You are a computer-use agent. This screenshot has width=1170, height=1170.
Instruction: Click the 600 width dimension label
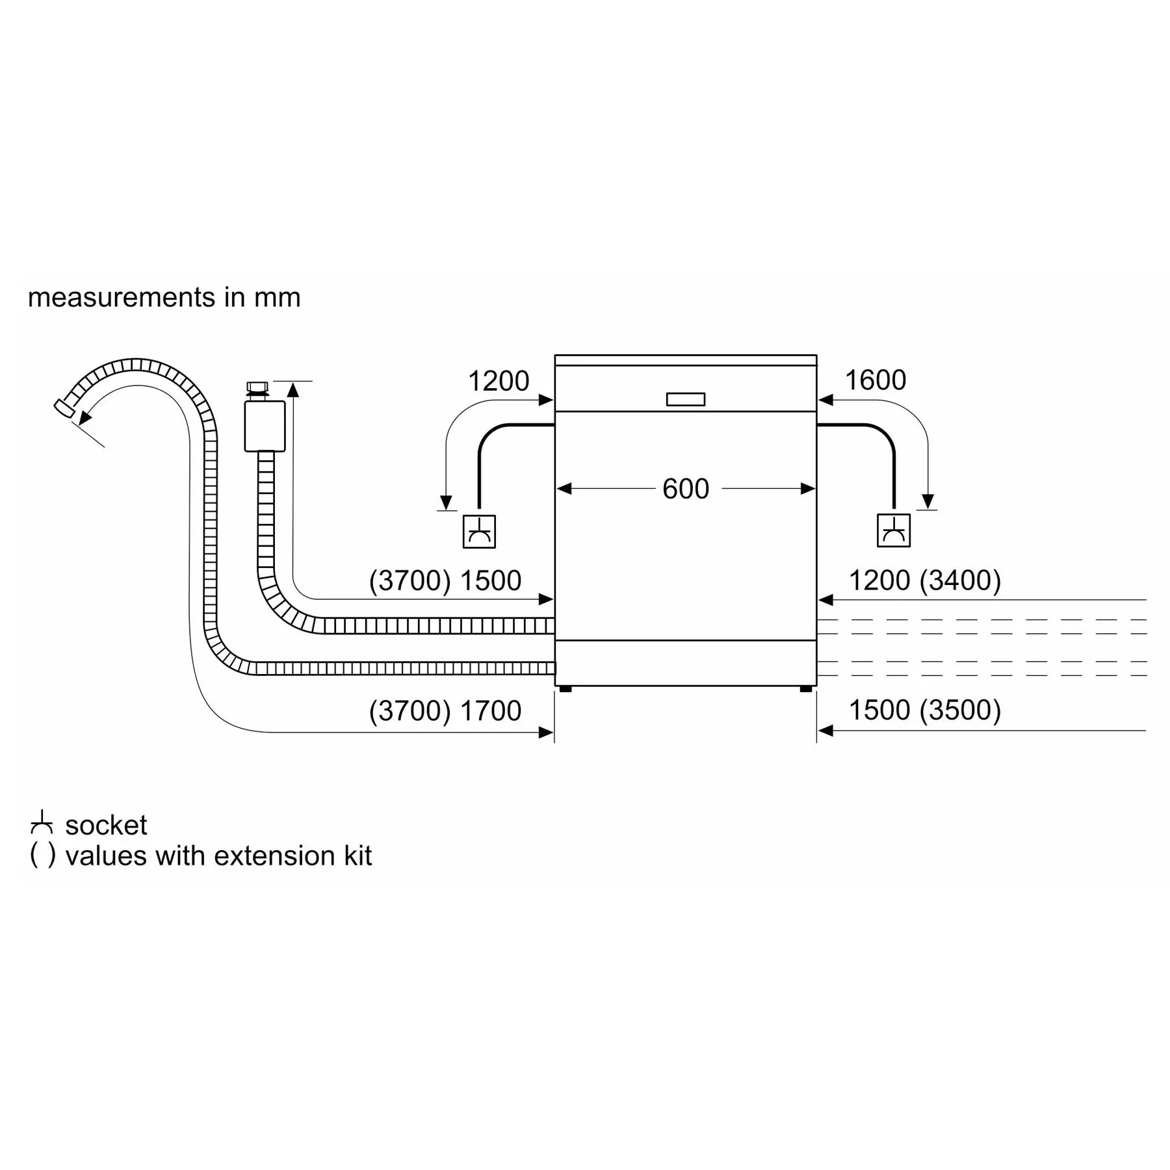coord(685,489)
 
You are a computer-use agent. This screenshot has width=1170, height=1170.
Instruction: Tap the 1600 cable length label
coord(875,380)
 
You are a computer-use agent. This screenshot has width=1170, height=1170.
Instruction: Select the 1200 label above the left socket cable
coord(499,381)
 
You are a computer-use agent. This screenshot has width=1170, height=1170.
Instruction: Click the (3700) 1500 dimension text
coord(445,580)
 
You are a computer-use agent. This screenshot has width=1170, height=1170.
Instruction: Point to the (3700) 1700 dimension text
coord(445,710)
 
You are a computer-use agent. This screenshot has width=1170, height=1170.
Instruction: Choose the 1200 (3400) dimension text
coord(925,580)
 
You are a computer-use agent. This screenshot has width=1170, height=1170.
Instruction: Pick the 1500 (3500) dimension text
coord(925,710)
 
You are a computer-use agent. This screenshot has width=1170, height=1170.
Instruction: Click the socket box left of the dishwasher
coord(479,532)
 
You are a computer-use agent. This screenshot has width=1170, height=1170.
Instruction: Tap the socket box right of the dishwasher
coord(894,530)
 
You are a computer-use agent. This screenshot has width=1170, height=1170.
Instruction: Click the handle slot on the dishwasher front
coord(686,399)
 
